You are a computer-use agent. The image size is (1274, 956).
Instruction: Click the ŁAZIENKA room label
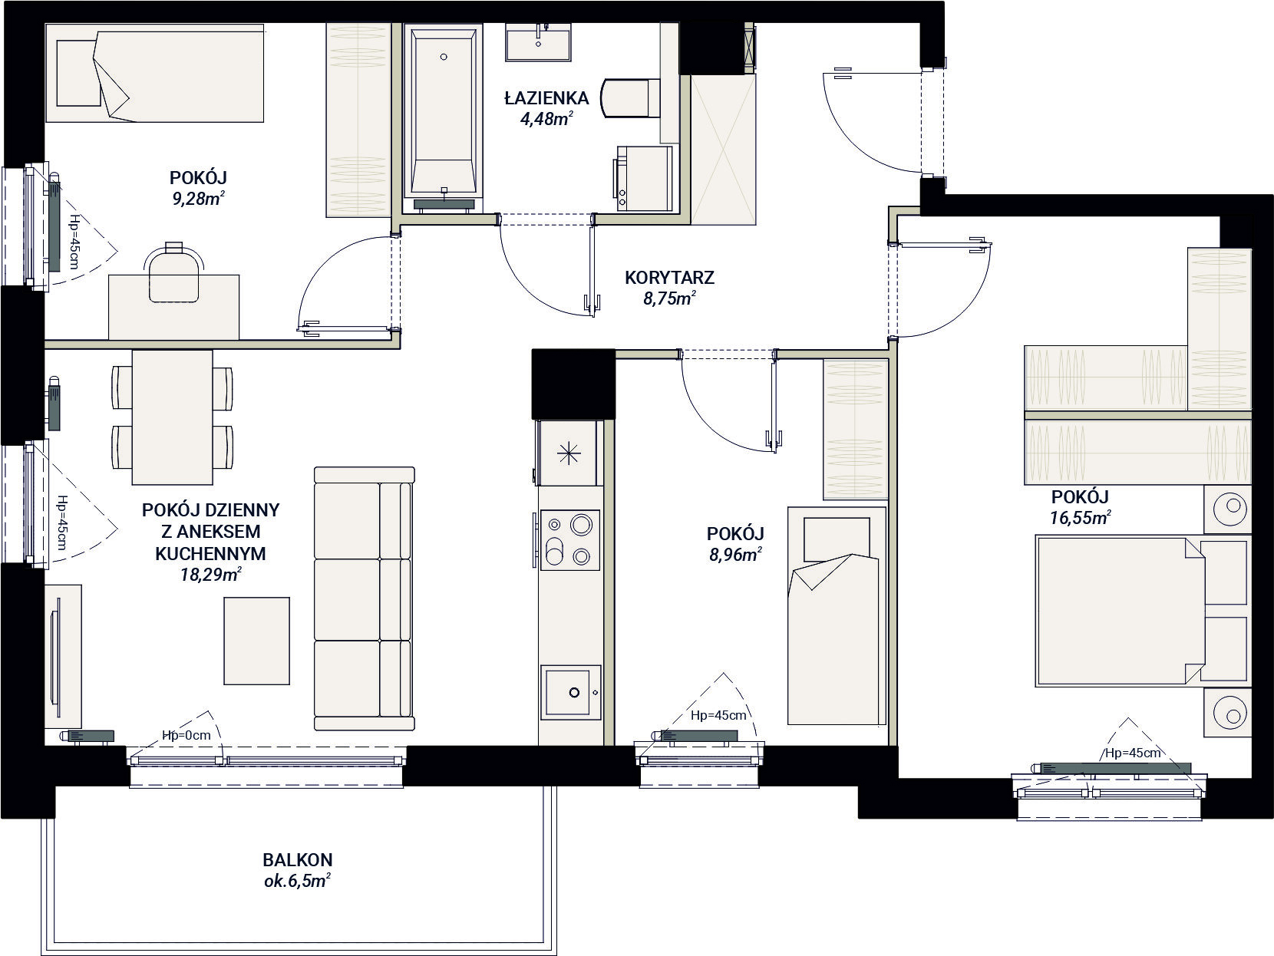546,98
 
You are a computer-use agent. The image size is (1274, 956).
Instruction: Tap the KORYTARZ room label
669,278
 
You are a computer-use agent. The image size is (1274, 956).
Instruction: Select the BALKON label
298,859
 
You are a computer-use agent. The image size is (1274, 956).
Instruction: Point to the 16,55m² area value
1080,516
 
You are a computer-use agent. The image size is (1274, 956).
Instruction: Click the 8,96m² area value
735,554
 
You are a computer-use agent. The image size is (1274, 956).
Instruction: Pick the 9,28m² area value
198,198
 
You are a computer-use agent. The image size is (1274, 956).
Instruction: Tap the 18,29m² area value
211,574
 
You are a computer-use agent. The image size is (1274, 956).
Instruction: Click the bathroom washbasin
538,41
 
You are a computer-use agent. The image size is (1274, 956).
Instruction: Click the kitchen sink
570,691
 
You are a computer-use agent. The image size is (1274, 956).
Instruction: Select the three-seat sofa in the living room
364,598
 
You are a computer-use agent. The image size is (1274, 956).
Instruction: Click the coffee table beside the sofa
256,641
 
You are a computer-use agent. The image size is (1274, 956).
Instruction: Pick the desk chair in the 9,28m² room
173,272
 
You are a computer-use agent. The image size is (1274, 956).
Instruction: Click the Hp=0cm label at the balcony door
186,735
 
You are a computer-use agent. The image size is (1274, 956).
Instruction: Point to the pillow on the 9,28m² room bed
77,73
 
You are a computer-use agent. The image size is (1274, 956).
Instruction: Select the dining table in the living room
173,417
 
